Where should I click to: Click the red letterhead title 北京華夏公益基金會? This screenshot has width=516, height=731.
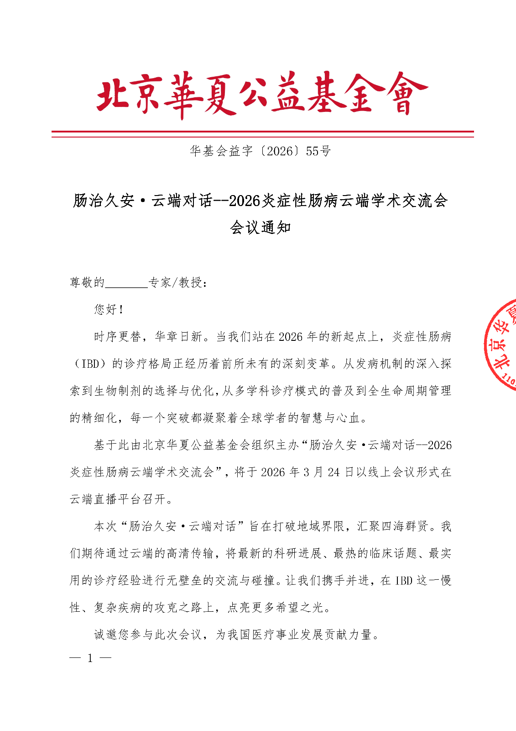tap(262, 95)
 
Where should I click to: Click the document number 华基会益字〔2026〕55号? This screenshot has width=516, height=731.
tap(260, 151)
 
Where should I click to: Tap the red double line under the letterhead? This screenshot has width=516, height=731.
tap(262, 134)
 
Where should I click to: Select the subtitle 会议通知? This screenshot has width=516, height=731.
tap(261, 227)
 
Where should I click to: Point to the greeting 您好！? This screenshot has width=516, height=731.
tap(109, 310)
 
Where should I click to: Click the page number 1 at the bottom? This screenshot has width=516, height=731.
tap(90, 658)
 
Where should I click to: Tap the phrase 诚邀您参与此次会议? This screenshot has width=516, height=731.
tap(148, 635)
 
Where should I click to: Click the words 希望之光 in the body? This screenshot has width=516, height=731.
tap(299, 607)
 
